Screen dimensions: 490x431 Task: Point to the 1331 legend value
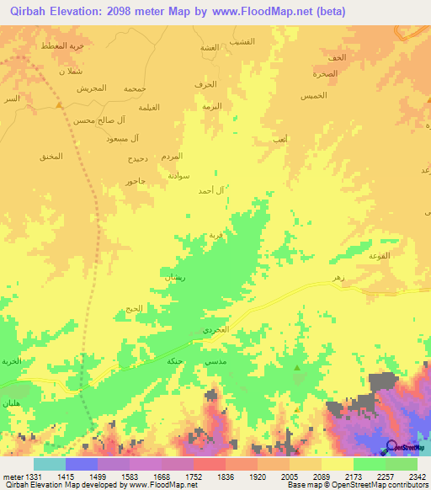pyautogui.click(x=34, y=477)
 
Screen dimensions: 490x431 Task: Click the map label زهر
pyautogui.click(x=338, y=277)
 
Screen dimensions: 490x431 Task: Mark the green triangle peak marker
pyautogui.click(x=297, y=368)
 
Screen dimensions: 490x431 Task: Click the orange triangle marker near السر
pyautogui.click(x=59, y=105)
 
